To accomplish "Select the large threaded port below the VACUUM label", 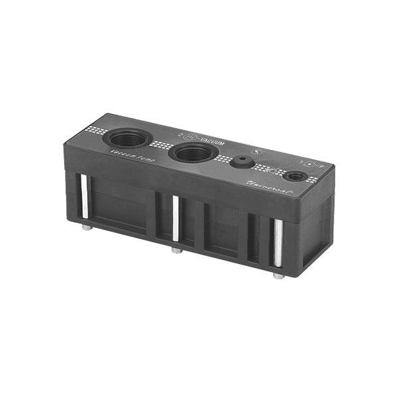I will coord(192,152).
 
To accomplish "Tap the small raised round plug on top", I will coord(241,162).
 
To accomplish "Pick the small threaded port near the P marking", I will coord(294,176).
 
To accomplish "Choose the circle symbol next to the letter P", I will coord(309,163).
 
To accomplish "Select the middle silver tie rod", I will coord(175,219).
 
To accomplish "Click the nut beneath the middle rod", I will coord(175,250).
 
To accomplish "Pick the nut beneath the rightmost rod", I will coord(278,276).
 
